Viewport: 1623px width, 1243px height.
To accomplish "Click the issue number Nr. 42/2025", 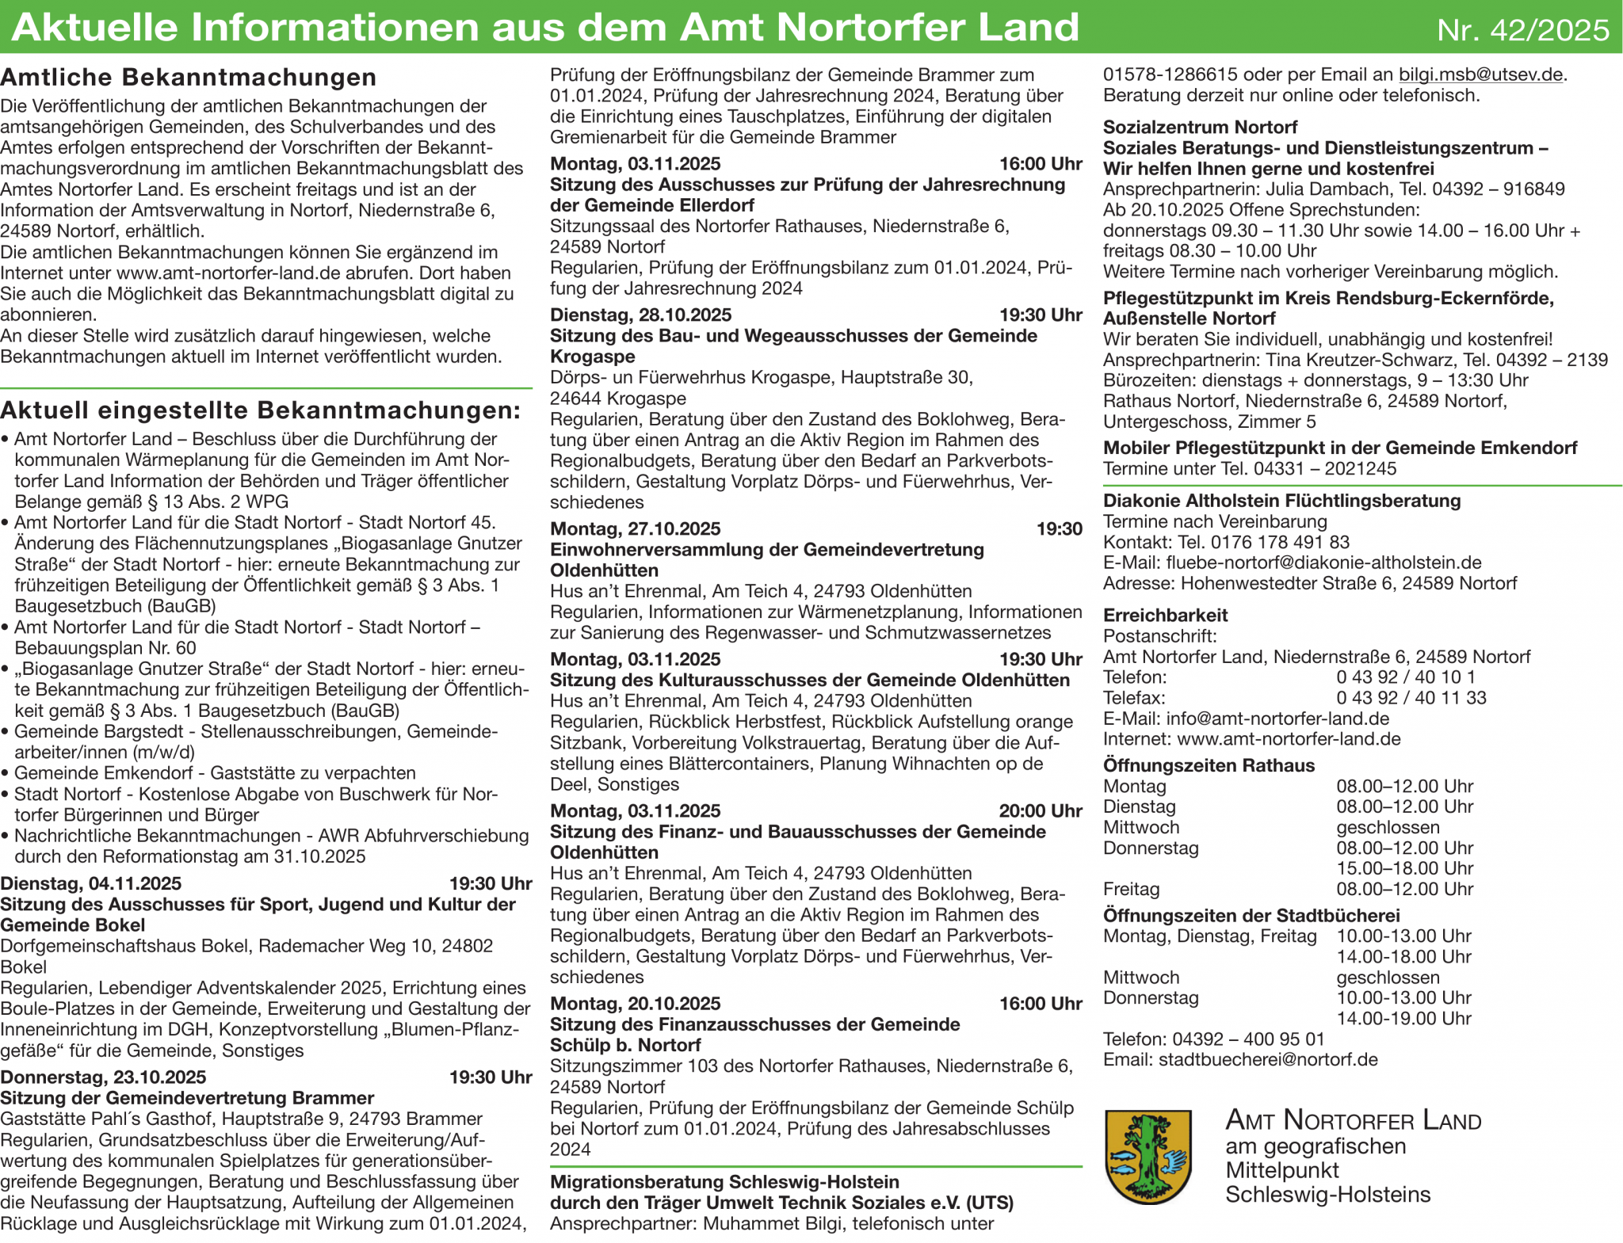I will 1522,30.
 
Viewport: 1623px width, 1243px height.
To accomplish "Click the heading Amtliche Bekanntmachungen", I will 189,78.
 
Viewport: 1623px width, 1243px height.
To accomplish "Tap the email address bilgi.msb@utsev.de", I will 1480,75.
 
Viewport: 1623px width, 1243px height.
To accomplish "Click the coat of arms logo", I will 1148,1156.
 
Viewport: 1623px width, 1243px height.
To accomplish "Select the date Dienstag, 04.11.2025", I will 91,883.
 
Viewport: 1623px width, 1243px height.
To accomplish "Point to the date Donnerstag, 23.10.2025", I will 103,1077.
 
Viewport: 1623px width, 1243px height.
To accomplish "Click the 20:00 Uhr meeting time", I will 1040,811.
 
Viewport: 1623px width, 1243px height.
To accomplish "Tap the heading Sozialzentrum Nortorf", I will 1200,128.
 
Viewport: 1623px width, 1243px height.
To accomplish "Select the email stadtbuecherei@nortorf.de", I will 1268,1060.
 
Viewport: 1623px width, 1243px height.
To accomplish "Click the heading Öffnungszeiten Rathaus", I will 1209,765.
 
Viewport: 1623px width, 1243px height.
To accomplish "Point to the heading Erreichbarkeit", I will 1165,616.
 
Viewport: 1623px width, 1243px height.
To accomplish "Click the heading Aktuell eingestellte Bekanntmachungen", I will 261,410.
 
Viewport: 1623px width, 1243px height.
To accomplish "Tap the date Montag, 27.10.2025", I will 636,529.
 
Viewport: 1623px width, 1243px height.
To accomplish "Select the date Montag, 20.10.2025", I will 636,1004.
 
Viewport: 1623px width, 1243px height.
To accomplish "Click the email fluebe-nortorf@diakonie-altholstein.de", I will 1323,563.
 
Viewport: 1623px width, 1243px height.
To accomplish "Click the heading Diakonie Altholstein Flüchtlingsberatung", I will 1281,501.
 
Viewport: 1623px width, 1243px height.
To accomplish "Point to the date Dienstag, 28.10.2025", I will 640,315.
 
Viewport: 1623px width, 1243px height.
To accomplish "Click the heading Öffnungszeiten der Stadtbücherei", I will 1251,916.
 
